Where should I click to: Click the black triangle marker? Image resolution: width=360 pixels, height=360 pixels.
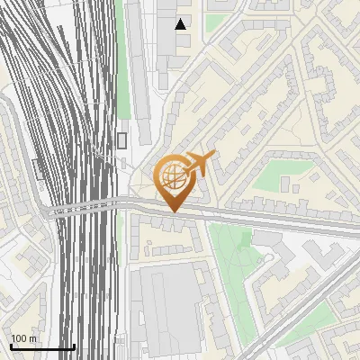182,24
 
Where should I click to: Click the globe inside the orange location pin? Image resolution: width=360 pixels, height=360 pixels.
171,176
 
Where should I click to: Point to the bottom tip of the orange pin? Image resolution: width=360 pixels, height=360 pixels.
172,212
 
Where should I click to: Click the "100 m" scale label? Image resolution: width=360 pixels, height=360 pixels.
23,338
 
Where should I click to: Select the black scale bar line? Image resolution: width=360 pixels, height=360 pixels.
41,347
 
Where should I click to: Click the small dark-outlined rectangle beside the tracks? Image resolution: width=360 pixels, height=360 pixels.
121,140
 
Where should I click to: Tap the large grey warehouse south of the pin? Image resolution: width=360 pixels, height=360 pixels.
166,306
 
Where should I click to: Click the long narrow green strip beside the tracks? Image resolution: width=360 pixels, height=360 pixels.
124,63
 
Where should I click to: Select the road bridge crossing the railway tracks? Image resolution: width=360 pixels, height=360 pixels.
85,209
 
